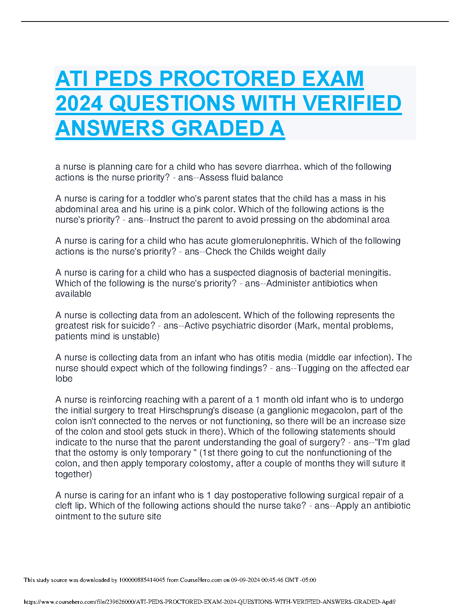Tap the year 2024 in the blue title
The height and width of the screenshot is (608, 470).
pos(79,104)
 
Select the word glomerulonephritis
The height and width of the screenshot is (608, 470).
pos(270,241)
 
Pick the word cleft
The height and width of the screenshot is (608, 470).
pos(64,506)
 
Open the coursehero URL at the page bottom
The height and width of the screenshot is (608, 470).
pos(210,602)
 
